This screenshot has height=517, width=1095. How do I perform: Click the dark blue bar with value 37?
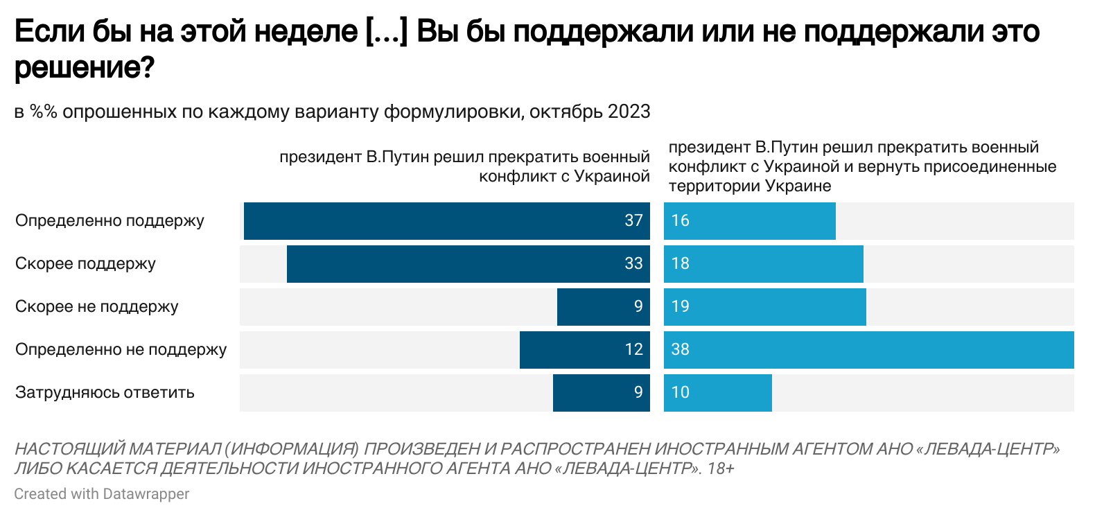coord(447,221)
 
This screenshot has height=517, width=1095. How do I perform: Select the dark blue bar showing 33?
coord(468,264)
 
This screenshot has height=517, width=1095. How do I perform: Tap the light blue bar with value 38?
coord(869,350)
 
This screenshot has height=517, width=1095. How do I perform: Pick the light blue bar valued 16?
coord(750,221)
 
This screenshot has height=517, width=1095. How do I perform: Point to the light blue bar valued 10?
coord(718,393)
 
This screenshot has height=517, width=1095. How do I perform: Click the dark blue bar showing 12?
coord(585,350)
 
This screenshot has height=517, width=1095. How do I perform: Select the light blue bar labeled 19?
coord(765,307)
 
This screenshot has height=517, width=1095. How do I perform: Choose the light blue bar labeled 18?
coord(764,264)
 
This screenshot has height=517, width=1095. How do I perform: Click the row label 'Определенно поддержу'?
coord(109,221)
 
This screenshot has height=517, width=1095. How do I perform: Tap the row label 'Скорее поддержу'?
coord(85,264)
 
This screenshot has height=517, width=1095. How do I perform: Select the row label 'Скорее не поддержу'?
coord(97,307)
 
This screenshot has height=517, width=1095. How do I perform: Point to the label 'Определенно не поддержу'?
coord(121,350)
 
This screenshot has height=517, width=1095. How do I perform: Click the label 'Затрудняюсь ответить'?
coord(105,393)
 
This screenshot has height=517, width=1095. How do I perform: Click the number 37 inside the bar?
coord(633,221)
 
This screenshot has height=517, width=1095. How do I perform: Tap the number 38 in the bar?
coord(681,350)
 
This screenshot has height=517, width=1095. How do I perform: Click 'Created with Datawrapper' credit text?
coord(101,494)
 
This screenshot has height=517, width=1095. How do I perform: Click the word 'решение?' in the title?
coord(84,68)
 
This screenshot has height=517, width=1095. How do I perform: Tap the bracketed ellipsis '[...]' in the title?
coord(385,32)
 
